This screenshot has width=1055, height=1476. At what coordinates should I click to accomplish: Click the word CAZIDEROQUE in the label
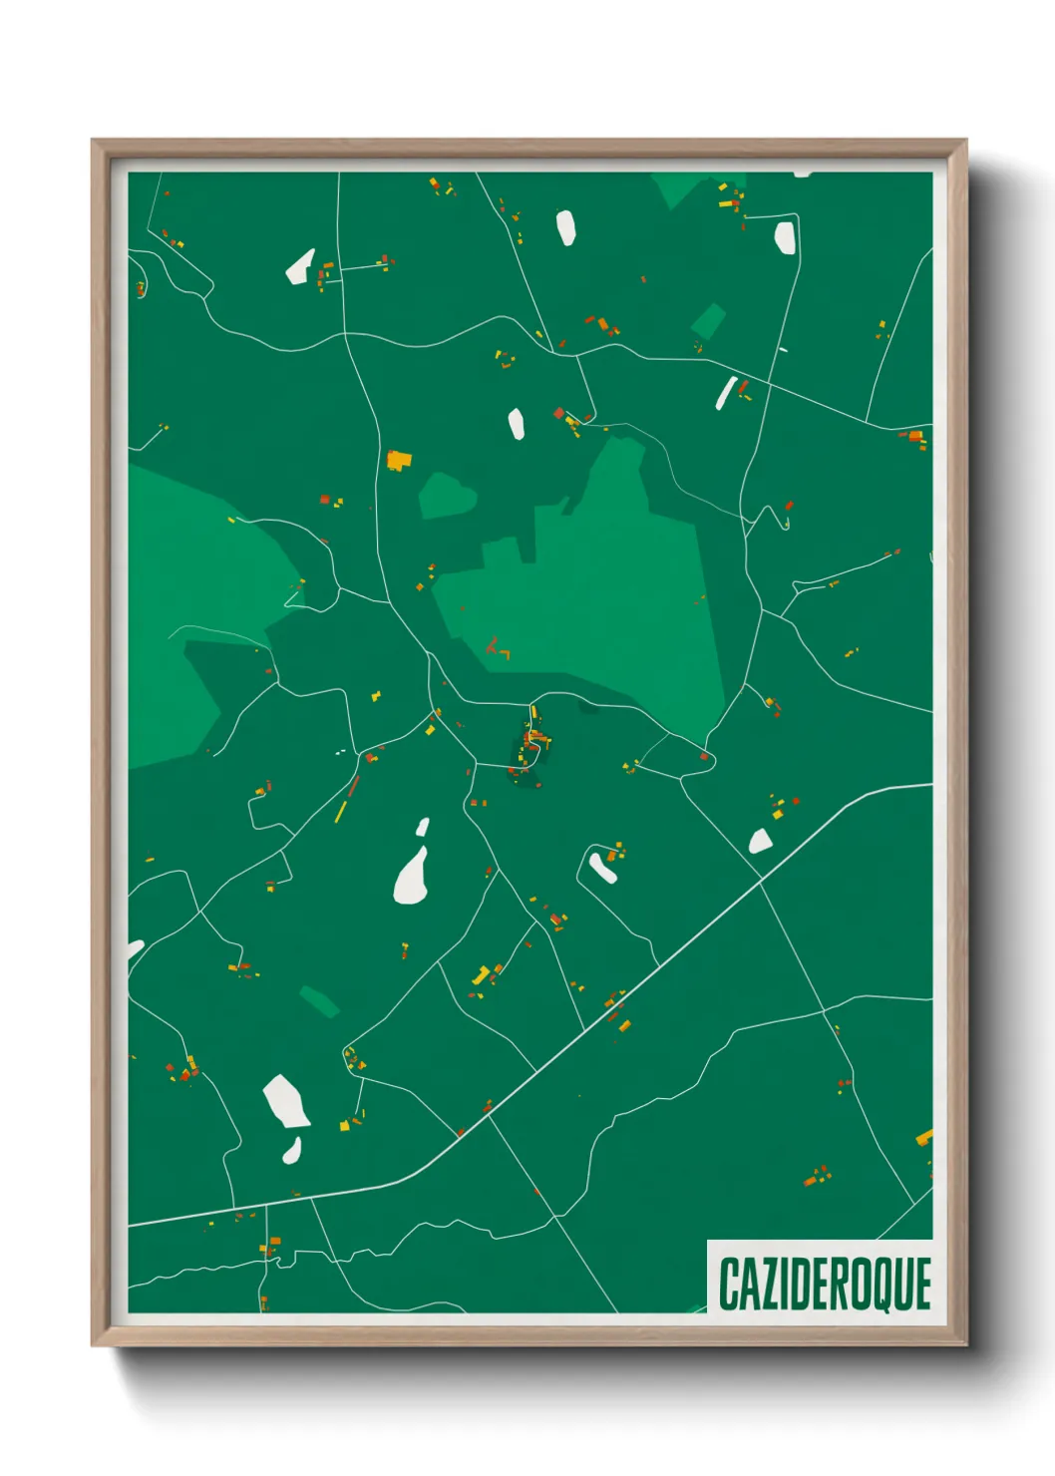tap(824, 1284)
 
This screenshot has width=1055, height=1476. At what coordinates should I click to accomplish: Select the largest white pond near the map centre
tap(411, 877)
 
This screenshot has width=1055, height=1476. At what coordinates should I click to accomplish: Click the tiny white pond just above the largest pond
tap(423, 827)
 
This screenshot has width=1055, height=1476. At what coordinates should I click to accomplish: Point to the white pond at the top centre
tap(565, 227)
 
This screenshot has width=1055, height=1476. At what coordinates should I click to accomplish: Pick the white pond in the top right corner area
tap(785, 237)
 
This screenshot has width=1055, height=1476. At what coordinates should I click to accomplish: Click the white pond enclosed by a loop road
tap(601, 867)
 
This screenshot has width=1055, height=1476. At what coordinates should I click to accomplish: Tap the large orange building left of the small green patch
tap(399, 460)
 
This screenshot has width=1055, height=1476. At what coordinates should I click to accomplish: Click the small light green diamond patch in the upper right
tap(708, 321)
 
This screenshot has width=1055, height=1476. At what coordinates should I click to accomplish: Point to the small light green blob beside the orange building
tap(445, 495)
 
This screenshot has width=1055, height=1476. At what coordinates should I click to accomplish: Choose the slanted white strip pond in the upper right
tap(725, 393)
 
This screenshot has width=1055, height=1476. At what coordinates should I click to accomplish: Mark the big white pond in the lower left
tap(285, 1102)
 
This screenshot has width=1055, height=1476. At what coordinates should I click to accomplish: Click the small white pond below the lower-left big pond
tap(292, 1151)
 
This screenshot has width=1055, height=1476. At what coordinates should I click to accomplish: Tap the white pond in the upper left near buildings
tap(300, 266)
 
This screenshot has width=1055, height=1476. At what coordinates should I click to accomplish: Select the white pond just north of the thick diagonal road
tap(760, 841)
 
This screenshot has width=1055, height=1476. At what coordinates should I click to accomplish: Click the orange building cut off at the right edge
tap(924, 1137)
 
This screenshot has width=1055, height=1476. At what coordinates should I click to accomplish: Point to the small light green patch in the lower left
tap(320, 1000)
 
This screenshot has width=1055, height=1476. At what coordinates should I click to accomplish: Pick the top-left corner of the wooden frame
tap(94, 142)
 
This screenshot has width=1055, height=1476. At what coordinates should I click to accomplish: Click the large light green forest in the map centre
tap(608, 588)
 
